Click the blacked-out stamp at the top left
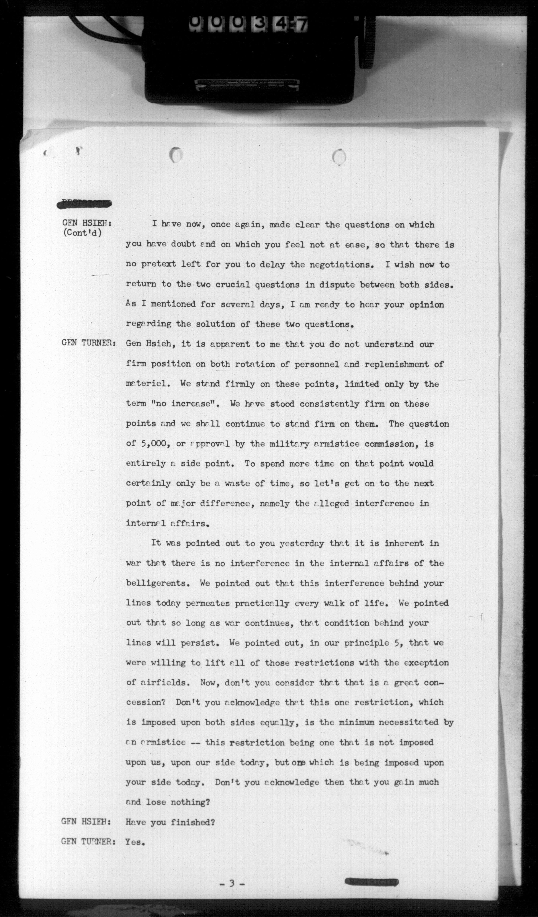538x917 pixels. click(x=84, y=204)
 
